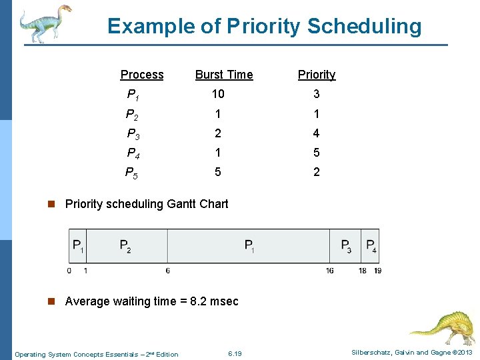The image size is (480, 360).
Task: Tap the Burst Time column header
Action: (224, 75)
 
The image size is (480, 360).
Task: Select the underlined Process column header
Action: (142, 75)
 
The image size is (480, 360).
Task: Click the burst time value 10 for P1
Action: (218, 94)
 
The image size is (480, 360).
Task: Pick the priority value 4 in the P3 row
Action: (316, 133)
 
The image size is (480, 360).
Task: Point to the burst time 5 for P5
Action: (217, 172)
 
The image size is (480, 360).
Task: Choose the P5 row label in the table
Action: (132, 173)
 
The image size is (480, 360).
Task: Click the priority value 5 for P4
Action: (316, 153)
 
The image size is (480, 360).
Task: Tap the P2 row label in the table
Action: (132, 114)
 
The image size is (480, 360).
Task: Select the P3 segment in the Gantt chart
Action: (345, 246)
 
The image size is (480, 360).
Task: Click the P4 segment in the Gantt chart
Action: (371, 246)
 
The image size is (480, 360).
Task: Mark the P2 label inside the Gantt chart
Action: (125, 246)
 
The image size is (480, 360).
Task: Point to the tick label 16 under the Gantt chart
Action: (329, 271)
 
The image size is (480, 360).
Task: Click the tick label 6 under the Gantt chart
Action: (167, 271)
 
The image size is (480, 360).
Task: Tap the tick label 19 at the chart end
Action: (378, 271)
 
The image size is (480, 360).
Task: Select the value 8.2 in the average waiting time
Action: (198, 301)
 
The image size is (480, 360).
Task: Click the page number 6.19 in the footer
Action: (235, 353)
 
